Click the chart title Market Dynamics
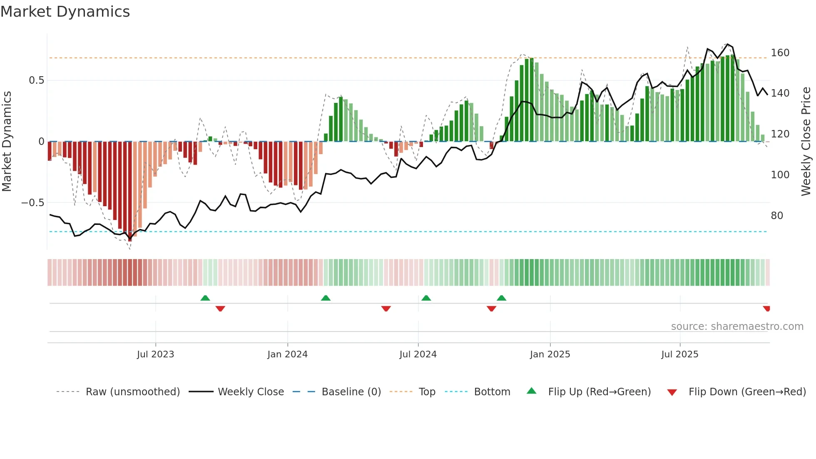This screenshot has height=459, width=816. coord(65,12)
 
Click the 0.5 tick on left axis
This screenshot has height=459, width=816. coord(36,80)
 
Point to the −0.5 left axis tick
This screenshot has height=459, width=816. coord(32,203)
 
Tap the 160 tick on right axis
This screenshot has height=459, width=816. coord(780,53)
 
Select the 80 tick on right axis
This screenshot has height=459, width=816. coord(776,216)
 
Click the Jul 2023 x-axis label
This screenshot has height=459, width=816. coord(155,354)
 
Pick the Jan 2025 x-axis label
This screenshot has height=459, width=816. coord(550,354)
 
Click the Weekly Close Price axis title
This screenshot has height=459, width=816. coord(806,142)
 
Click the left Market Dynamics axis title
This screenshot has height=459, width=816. coord(7,142)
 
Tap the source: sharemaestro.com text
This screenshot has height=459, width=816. coord(737,327)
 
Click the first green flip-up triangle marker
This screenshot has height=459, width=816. coord(205,298)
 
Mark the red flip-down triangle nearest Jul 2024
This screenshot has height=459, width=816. coord(386,309)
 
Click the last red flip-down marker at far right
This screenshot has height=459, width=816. coord(766,309)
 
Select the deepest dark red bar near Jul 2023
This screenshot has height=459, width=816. coord(130,192)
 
